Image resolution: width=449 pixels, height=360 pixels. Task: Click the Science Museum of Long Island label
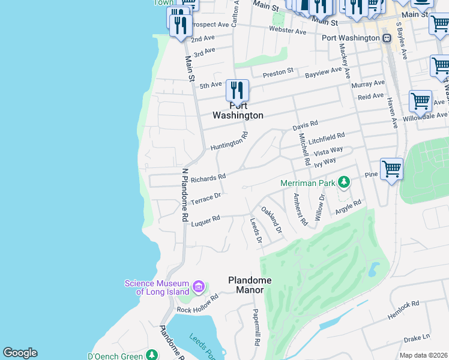tap(157, 287)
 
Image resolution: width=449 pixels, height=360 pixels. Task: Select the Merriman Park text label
tap(307, 182)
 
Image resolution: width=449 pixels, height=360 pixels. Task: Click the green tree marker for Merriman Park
tap(344, 181)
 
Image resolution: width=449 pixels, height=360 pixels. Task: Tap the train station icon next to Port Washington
tap(387, 38)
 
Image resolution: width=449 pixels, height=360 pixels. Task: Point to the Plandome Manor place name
tap(250, 285)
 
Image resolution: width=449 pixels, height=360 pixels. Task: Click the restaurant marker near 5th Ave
tap(237, 91)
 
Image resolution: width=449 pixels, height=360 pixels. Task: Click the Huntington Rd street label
tap(229, 142)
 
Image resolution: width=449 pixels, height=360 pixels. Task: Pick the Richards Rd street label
tap(208, 178)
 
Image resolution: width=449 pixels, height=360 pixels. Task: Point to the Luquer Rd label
tap(206, 221)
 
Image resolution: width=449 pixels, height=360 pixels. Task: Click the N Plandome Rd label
tap(185, 194)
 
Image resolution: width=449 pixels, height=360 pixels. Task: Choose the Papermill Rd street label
tap(256, 327)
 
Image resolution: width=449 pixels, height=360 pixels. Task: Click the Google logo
tap(20, 353)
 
